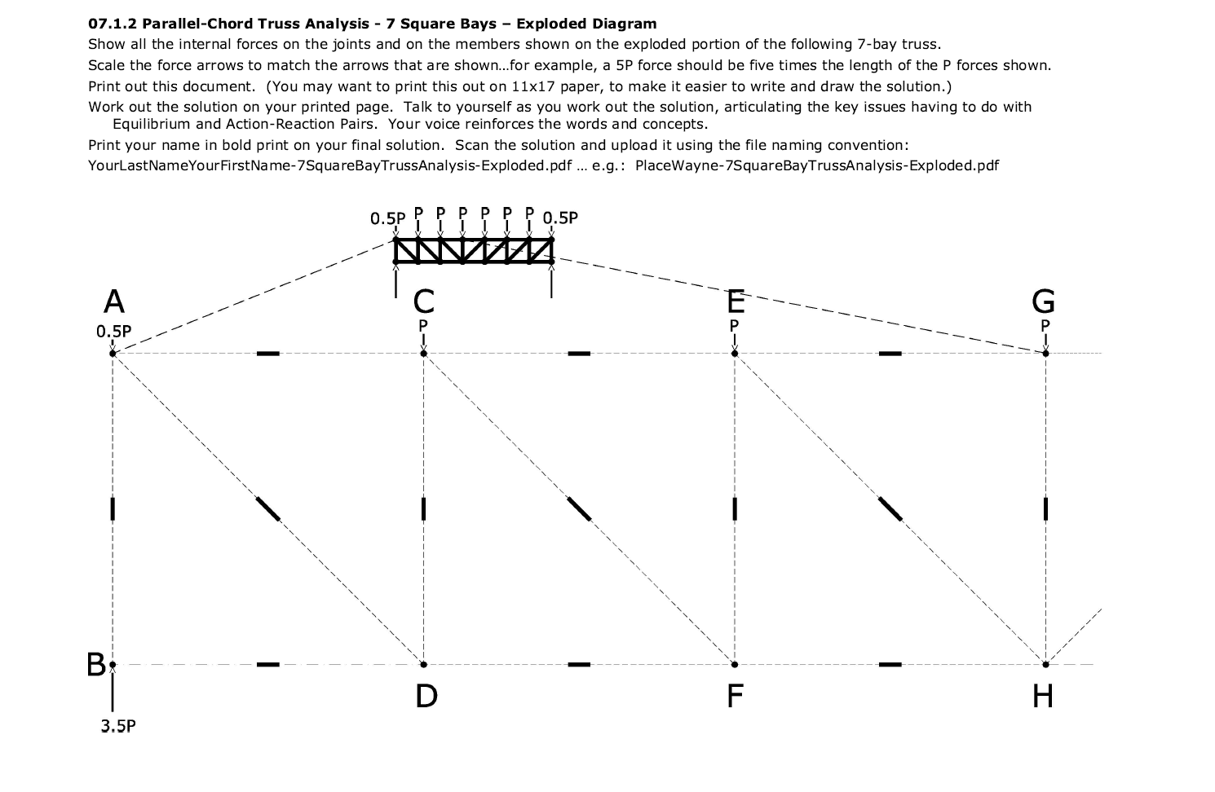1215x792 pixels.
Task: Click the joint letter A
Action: [114, 302]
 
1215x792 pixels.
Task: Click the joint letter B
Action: [95, 665]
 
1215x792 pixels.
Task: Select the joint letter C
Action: [424, 302]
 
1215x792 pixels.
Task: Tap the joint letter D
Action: [426, 696]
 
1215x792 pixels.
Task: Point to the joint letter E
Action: [736, 302]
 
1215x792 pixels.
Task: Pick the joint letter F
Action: [735, 696]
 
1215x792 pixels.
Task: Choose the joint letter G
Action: [1043, 302]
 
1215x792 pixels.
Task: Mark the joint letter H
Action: [1043, 696]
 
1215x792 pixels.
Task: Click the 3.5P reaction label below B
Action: [118, 726]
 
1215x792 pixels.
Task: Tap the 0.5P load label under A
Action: [113, 332]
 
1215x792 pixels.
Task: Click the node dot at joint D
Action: [423, 664]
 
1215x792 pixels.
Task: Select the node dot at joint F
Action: [735, 664]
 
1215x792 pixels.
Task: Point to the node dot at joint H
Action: [1045, 664]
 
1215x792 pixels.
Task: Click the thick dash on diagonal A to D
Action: [267, 508]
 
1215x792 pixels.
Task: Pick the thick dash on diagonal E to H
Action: [890, 508]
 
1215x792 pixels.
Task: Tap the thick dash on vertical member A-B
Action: [113, 508]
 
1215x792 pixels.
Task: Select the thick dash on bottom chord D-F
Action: [579, 664]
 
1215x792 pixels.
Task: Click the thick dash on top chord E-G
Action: [890, 353]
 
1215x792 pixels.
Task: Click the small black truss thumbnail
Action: [473, 250]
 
